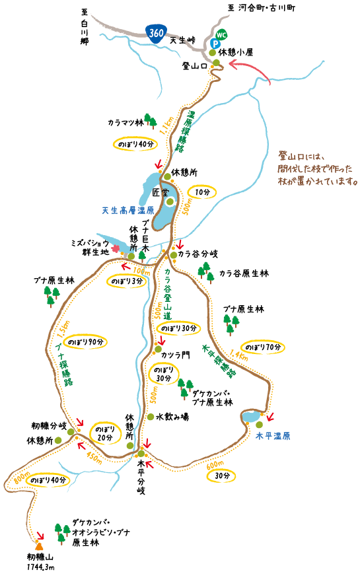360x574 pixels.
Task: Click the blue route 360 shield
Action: [156, 34]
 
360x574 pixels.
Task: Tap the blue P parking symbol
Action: [215, 41]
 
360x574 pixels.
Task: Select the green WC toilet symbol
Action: [221, 34]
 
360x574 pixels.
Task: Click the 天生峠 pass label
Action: [183, 40]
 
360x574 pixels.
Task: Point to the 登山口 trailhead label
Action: [195, 66]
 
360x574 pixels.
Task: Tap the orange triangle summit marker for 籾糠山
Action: [39, 546]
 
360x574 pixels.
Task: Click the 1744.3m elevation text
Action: [40, 566]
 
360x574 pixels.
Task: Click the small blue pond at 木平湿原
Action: [250, 417]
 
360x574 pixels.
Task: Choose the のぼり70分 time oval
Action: [263, 347]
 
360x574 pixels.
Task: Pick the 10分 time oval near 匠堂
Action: [202, 192]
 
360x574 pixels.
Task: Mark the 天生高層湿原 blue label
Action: [127, 211]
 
